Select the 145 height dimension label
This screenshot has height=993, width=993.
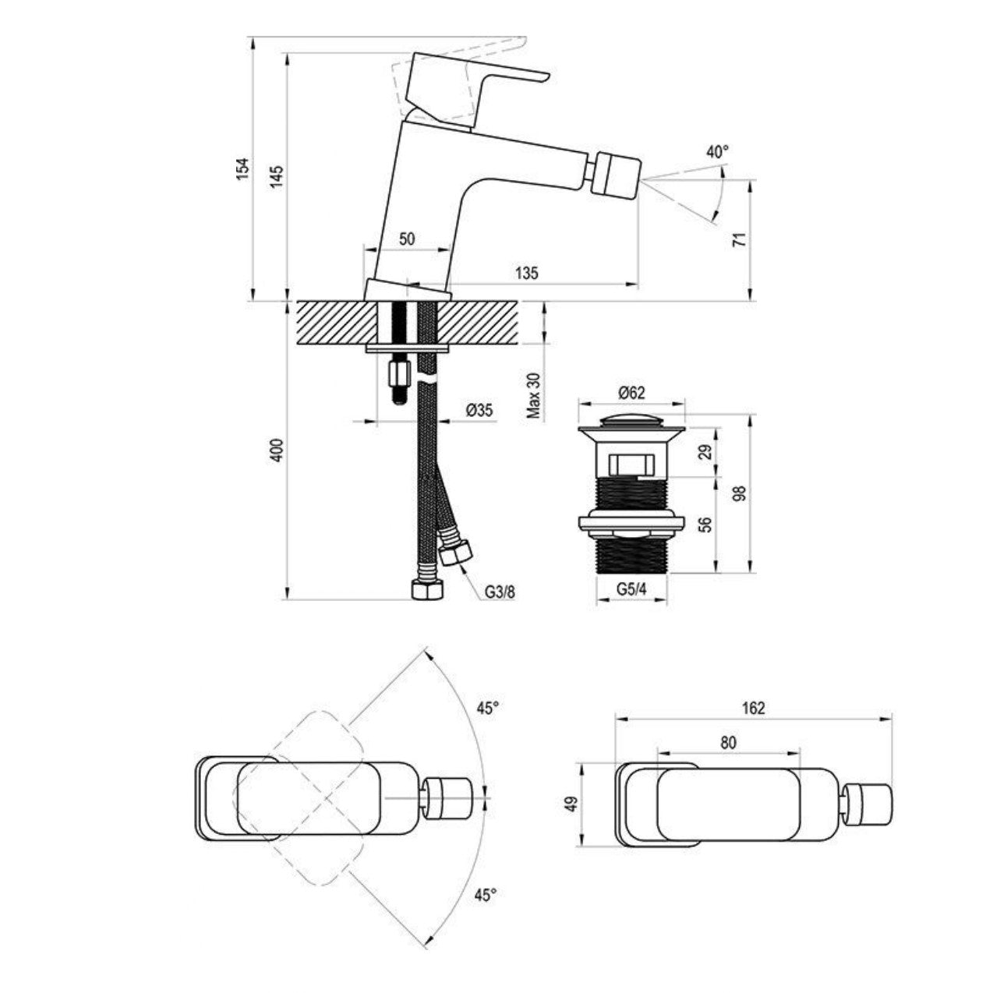coord(276,177)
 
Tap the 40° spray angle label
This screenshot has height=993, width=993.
coord(717,151)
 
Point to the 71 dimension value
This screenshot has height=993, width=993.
coord(740,239)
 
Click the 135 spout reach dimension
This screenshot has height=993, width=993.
coord(526,273)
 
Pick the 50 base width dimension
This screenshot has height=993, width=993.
coord(407,239)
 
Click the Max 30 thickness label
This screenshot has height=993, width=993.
coord(534,395)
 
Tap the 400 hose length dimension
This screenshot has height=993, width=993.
coord(276,450)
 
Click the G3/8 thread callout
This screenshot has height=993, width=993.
coord(499,592)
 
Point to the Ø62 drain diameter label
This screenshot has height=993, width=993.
coord(631,393)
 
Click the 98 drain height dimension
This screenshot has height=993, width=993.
coord(740,493)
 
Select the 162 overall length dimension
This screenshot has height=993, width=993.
coord(753,708)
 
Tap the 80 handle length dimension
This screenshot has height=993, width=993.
coord(728,742)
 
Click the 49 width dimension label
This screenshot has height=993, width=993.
coord(570,804)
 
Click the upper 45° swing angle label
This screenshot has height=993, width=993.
coord(488,708)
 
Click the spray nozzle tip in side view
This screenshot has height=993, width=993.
coord(616,175)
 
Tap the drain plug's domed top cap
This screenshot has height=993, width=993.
coord(631,422)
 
